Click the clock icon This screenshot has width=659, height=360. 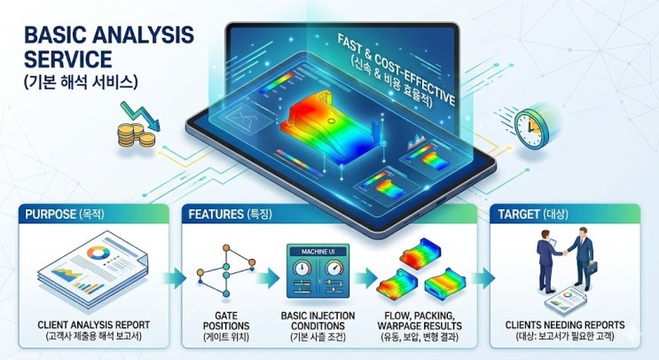coord(531,128)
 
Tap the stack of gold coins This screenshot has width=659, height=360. coord(136,135)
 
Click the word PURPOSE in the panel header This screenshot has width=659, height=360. coord(51,215)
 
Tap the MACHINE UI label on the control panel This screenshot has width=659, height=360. coord(318,252)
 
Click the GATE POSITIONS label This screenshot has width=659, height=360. coord(226,320)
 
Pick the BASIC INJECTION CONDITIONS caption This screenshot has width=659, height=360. coord(318,320)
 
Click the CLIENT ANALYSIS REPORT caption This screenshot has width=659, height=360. coord(94,325)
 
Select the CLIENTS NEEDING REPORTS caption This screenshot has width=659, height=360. coord(565,325)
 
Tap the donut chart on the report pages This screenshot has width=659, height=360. coord(98,253)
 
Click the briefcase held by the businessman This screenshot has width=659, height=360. coord(592,267)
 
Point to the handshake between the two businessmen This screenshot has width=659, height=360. coord(565,253)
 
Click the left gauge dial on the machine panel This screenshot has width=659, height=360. coord(302,268)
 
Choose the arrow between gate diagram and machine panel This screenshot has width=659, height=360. coord(268,278)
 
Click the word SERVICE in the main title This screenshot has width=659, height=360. coord(67,59)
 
